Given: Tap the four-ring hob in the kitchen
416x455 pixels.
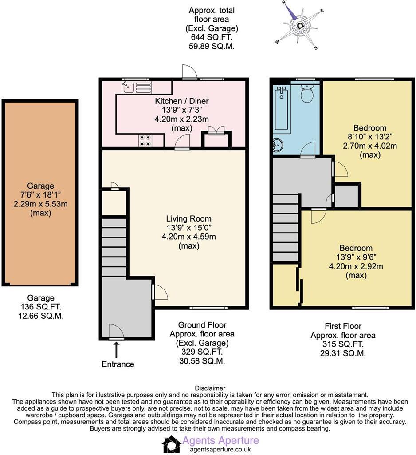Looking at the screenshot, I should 145,140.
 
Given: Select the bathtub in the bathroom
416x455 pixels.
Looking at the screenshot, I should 282,108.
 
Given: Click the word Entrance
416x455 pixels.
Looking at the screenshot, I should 118,364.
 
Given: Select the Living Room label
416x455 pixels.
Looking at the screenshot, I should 188,218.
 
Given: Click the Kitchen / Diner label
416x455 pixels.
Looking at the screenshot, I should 181,101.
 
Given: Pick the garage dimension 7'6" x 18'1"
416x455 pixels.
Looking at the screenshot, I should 40,195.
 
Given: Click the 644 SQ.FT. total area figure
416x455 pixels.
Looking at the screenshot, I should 212,37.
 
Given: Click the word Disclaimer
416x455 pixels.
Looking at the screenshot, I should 210,388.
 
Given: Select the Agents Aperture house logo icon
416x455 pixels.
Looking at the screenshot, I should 171,444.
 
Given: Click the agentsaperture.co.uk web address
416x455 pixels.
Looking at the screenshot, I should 220,449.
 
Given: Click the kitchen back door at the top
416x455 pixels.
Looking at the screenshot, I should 188,72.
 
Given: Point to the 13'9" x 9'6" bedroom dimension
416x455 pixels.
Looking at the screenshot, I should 356,257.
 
